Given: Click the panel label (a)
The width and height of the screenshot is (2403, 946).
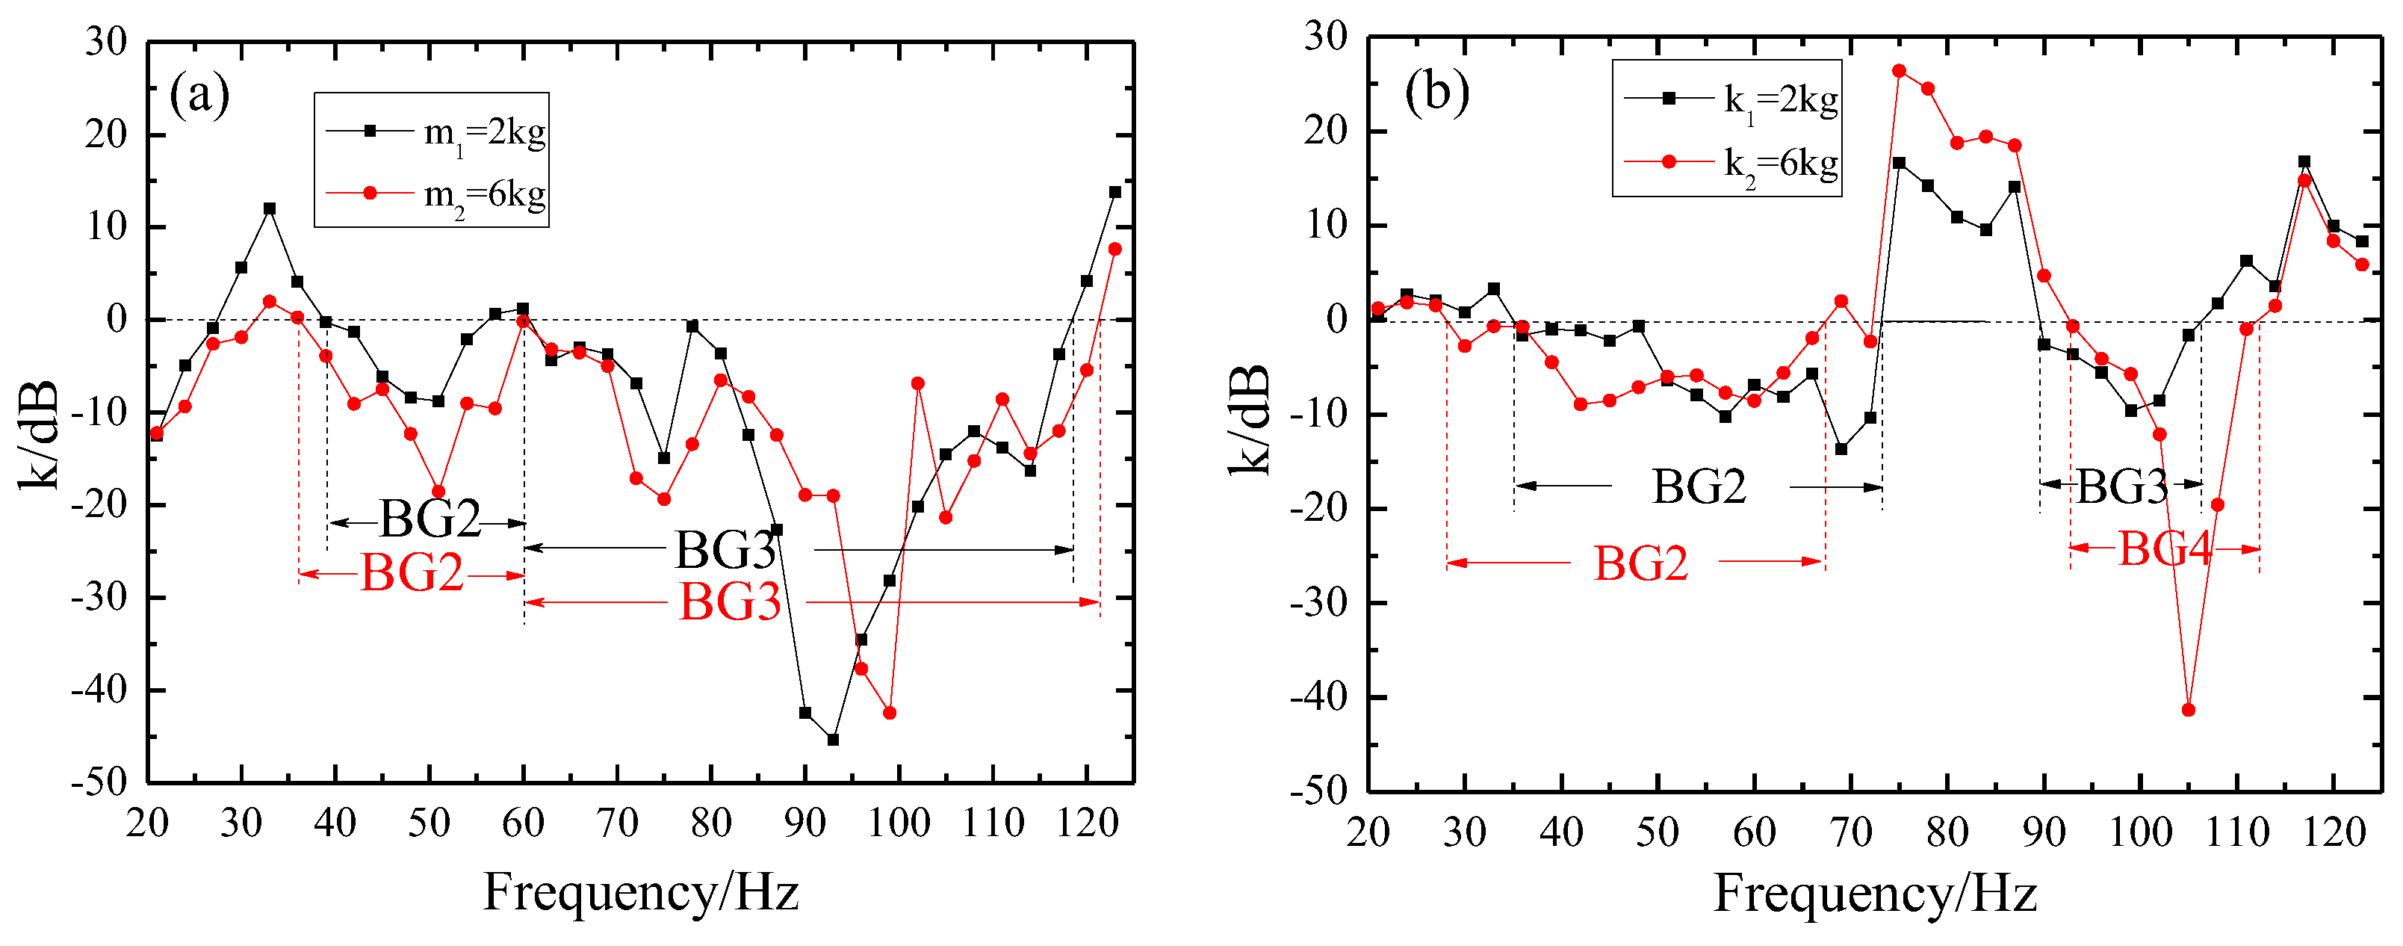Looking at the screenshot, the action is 199,96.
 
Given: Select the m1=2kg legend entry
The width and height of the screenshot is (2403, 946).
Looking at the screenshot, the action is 435,132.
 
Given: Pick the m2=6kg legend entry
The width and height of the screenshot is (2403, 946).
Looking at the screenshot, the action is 435,194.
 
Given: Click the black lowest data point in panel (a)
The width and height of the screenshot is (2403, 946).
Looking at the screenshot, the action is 833,740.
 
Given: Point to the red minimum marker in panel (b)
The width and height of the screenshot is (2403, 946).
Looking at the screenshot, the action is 2189,710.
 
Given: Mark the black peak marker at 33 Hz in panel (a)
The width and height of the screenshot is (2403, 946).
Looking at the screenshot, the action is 270,208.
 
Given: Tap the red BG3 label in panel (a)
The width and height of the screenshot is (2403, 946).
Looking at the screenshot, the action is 730,602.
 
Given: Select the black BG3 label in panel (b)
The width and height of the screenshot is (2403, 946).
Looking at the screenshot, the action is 2122,486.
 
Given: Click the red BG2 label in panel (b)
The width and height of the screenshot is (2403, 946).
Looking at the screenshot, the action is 1641,563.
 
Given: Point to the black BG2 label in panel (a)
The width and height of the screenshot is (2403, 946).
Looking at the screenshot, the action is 430,519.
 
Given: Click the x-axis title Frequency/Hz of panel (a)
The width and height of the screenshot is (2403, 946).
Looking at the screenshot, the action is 641,892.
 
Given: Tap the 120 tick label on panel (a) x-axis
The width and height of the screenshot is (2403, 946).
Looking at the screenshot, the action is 1087,823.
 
